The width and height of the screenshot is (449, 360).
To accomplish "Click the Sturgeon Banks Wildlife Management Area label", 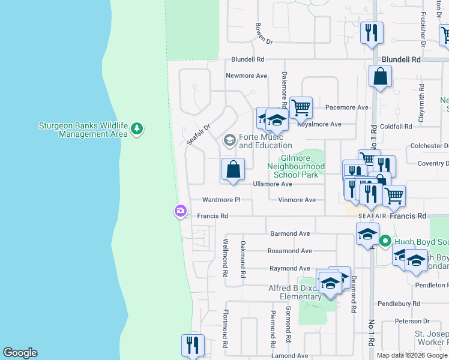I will tap(83, 130).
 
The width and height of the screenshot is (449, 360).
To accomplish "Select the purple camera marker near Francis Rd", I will tap(180, 211).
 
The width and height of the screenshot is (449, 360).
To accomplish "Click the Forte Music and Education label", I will tap(265, 142).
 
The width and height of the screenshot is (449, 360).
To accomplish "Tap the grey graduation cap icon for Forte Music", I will tap(229, 140).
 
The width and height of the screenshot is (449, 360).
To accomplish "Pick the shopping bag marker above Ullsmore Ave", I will tap(233, 169).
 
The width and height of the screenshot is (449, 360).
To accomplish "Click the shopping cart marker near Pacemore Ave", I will tap(301, 108).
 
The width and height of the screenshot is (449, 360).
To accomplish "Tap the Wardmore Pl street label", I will tap(221, 200).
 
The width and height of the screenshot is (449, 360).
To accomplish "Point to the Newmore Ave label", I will tap(246, 76).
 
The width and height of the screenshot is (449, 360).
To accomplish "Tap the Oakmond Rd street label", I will tap(243, 259).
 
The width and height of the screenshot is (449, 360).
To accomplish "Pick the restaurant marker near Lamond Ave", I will tap(193, 346).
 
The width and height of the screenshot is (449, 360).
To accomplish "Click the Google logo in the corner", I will tap(20, 353).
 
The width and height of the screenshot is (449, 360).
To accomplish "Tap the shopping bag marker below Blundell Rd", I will tap(380, 76).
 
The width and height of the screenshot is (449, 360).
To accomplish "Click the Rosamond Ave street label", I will tap(290, 251).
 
